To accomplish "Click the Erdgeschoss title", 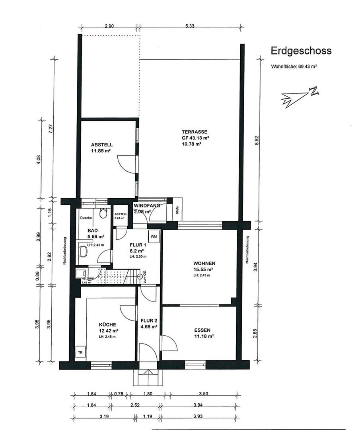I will tap(301, 51).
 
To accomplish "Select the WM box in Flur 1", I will tap(154, 236).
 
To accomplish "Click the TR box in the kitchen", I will tap(80, 353).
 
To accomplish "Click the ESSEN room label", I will tap(202, 330).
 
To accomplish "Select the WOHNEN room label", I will tap(204, 263).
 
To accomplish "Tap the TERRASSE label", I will tap(195, 132).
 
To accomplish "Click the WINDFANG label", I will tap(147, 206).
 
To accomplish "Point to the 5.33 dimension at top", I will tap(190, 26).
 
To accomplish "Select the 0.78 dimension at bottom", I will tap(119, 395).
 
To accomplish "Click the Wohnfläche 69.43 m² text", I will tap(294, 67).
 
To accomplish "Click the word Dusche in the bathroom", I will tap(86, 218).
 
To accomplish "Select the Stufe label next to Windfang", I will tap(177, 210).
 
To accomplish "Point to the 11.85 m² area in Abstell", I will tap(101, 151).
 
